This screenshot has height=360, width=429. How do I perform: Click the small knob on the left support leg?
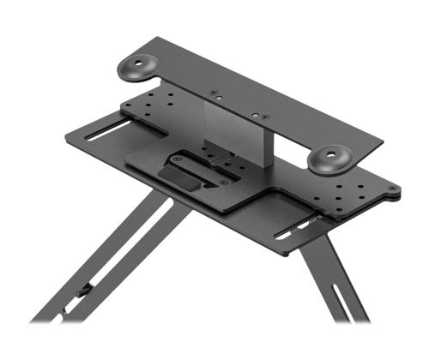click(x=85, y=292)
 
